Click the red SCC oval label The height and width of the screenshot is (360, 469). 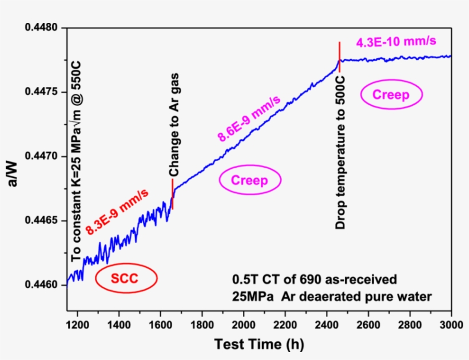tap(126, 278)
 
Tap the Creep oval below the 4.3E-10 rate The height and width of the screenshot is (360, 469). tap(391, 95)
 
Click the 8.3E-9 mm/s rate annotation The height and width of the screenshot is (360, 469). tap(118, 211)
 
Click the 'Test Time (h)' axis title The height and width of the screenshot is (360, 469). tap(259, 344)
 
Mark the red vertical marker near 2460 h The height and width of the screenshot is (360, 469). tap(340, 57)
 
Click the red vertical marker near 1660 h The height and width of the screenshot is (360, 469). tap(172, 194)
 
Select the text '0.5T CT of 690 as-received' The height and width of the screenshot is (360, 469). tap(314, 280)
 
